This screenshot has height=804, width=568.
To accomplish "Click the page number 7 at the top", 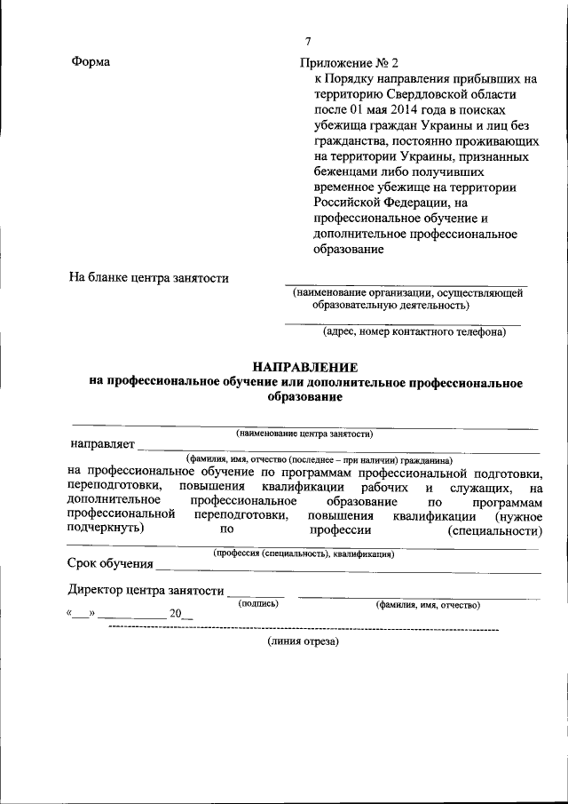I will point(308,42).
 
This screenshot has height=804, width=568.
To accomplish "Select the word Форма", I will point(90,62).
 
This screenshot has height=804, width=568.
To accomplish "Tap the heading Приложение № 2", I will point(351,62).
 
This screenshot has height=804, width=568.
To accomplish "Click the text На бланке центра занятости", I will point(149,278).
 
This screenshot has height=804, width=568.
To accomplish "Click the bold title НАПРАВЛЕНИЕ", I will point(305,367).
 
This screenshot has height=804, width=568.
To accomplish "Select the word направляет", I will point(102,443).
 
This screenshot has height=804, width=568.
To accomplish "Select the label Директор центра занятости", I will point(145,590).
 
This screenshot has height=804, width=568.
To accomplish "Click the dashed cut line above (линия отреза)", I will point(302,628).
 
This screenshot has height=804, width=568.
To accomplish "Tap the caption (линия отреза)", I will point(303,641).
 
